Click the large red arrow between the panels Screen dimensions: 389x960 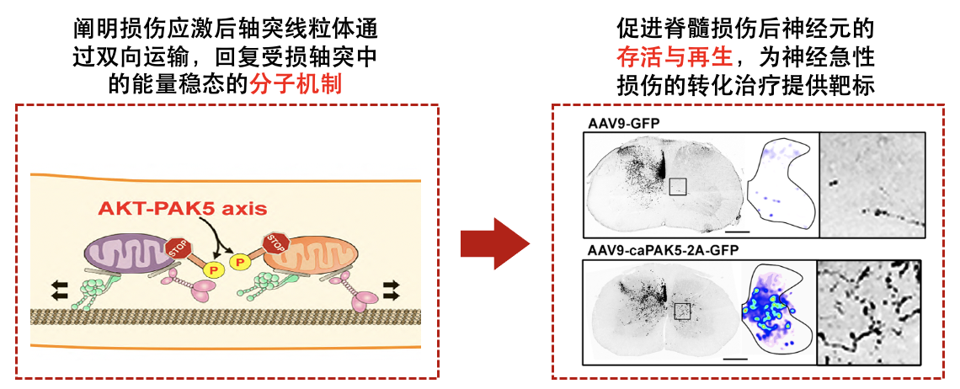[x=493, y=243]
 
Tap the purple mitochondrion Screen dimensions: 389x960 [x=125, y=253]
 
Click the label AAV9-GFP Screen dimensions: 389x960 [x=623, y=123]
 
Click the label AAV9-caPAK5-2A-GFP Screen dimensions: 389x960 [x=659, y=251]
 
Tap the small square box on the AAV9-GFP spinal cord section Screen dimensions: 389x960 [x=679, y=187]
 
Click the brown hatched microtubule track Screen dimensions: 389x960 [x=227, y=317]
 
